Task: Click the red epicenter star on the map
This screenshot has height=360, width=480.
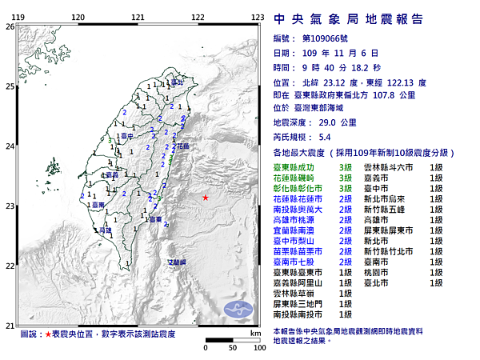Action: coord(206,197)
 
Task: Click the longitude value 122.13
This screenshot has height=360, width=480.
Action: coord(412,81)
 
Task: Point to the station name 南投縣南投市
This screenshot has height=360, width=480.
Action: coord(300,314)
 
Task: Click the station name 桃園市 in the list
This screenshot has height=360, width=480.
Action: coord(376,272)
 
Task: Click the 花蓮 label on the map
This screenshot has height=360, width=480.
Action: coord(182,146)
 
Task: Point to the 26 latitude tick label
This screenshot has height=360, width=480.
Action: coord(9,26)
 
